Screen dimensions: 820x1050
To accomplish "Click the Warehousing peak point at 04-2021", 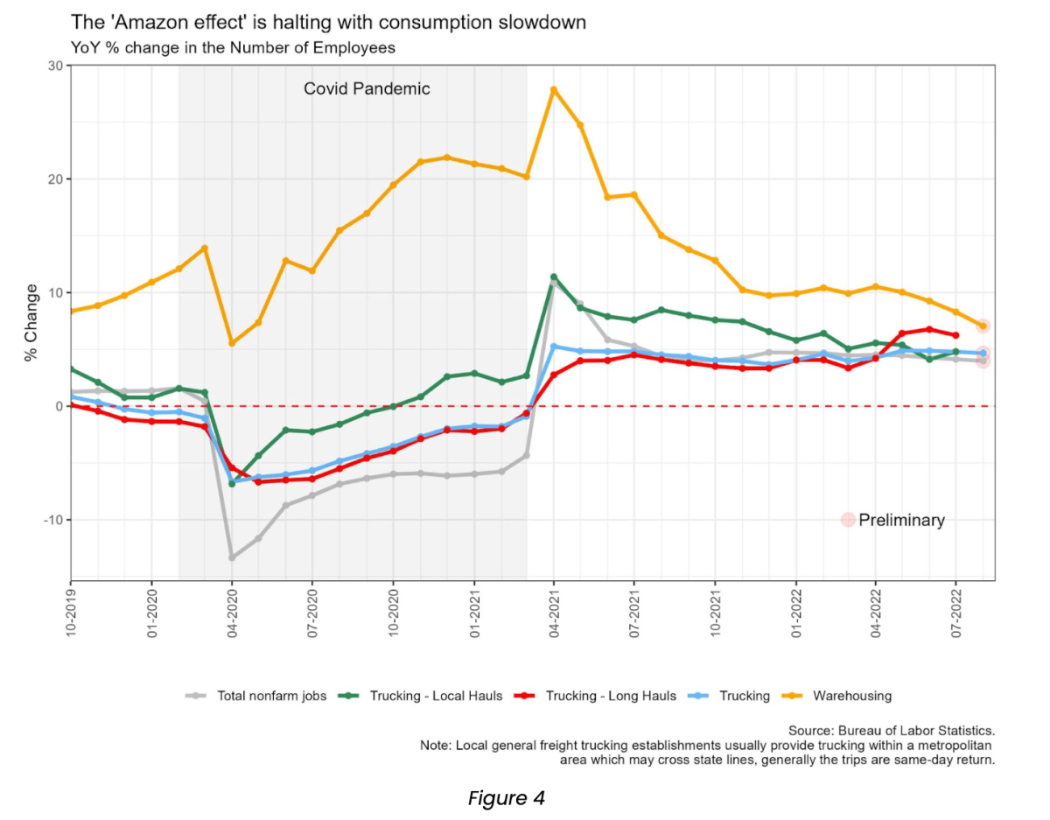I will (554, 89).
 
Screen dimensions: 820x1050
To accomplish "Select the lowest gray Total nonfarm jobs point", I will (232, 557).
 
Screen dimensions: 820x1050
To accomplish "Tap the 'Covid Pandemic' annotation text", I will (367, 89).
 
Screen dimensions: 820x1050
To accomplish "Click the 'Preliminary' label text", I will (901, 520).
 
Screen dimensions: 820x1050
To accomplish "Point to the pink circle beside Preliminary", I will (847, 520).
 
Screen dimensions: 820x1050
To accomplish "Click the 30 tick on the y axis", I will (55, 66).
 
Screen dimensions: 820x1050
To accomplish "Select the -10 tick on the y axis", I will (52, 520).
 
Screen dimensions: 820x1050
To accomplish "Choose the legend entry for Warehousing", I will (851, 696).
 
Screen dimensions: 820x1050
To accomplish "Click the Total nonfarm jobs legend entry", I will (271, 696).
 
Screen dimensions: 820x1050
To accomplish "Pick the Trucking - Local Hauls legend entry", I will (435, 696).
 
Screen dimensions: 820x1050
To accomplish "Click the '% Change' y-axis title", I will (31, 322).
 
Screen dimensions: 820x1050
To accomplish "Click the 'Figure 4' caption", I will (507, 798).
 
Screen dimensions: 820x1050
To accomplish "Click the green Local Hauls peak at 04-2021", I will (554, 277).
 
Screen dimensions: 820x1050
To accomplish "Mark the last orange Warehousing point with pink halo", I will (983, 326).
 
